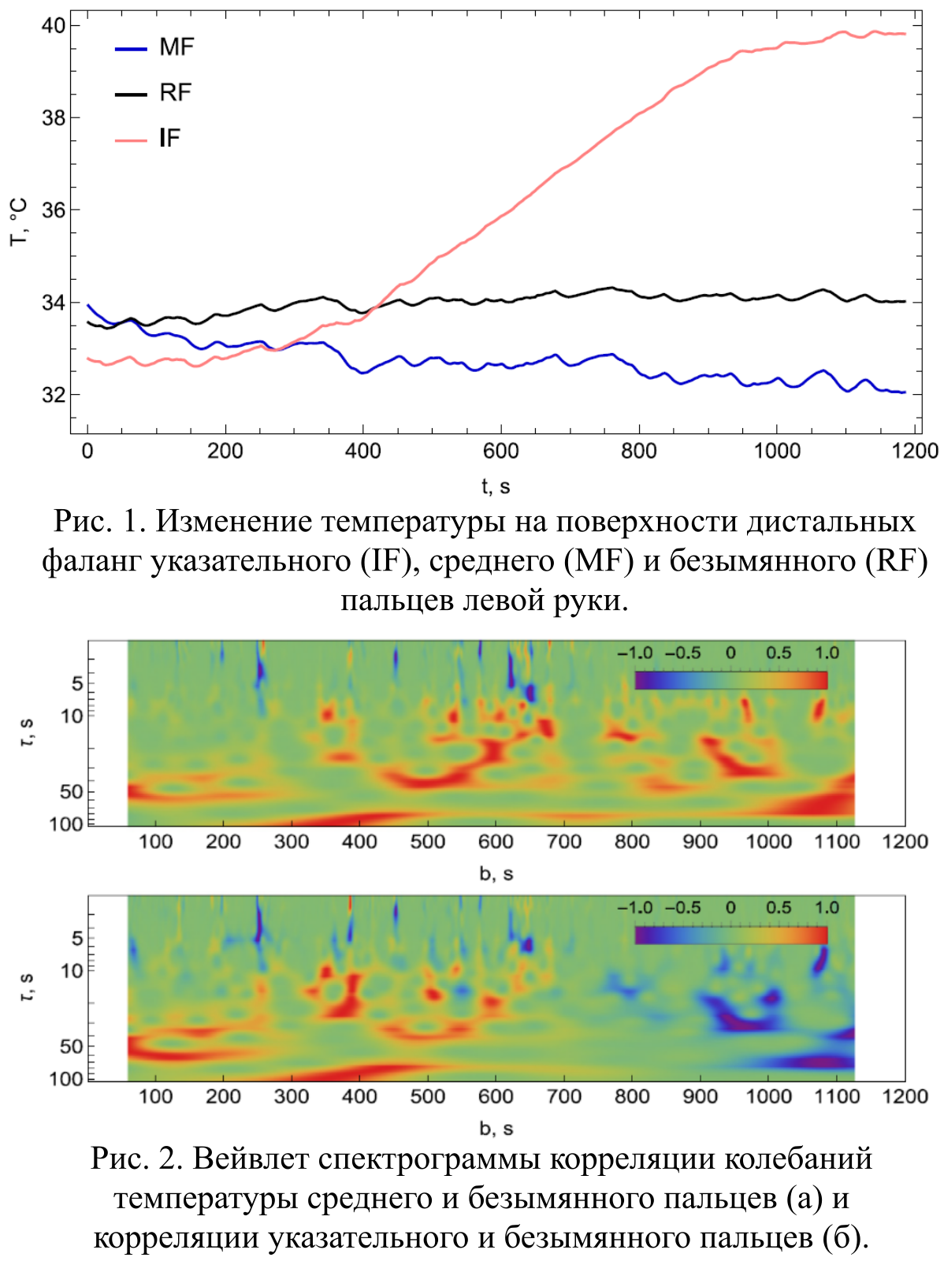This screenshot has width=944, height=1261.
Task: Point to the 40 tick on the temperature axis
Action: (53, 26)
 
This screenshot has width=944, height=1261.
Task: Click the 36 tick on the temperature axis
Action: (53, 210)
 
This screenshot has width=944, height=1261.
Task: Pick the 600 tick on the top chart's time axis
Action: (500, 451)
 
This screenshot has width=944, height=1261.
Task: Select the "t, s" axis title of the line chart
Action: (496, 487)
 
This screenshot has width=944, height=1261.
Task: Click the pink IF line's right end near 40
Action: (904, 34)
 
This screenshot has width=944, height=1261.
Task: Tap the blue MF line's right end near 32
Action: (904, 392)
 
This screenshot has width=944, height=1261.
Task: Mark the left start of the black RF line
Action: (89, 322)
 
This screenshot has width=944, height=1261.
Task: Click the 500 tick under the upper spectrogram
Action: (427, 842)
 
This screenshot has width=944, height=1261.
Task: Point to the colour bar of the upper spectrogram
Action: (730, 680)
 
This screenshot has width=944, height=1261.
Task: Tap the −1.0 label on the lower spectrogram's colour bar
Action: (635, 908)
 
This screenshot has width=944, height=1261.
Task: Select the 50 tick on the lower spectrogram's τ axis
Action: (72, 1047)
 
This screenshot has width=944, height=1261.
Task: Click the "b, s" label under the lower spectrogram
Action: (496, 1129)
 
